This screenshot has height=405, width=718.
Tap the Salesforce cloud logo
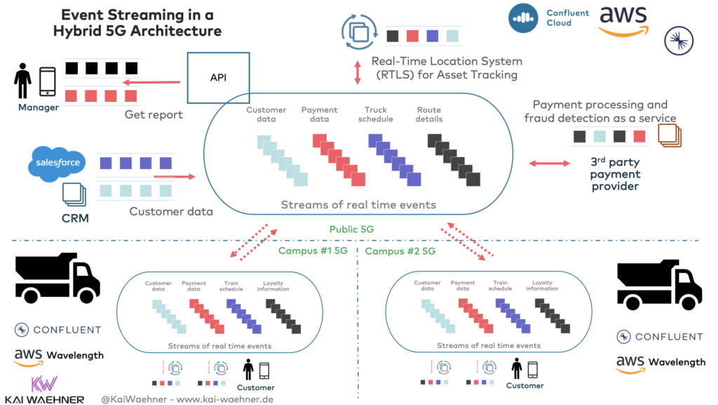pyautogui.click(x=55, y=163)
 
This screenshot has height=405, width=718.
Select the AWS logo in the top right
pyautogui.click(x=623, y=20)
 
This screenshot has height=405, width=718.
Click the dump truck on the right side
pyautogui.click(x=658, y=284)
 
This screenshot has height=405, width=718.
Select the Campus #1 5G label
pyautogui.click(x=313, y=251)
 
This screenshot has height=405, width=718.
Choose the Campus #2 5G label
pyautogui.click(x=400, y=251)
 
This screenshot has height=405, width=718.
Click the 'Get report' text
pyautogui.click(x=154, y=114)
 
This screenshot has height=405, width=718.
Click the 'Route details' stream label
pyautogui.click(x=429, y=114)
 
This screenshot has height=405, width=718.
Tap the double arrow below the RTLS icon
pyautogui.click(x=358, y=73)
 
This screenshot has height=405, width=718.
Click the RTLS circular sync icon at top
pyautogui.click(x=358, y=32)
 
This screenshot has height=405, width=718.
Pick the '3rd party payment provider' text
pyautogui.click(x=615, y=175)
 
